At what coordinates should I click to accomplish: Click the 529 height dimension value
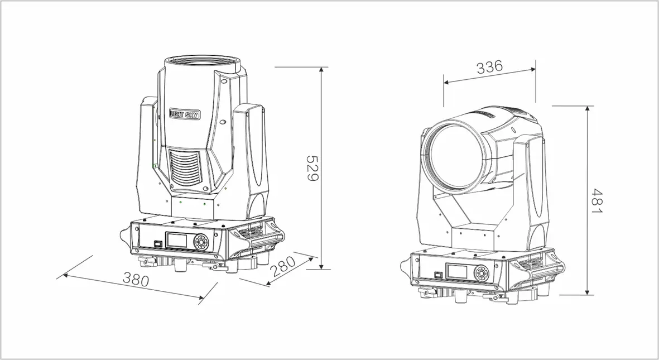tap(312, 169)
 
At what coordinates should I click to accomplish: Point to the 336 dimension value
tap(489, 67)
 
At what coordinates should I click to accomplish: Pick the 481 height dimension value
tap(597, 200)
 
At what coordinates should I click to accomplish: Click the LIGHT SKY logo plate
tap(185, 113)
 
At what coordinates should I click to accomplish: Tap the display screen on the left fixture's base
tap(177, 241)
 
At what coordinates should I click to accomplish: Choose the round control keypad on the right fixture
tap(481, 273)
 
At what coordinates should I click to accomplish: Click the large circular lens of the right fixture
tap(456, 156)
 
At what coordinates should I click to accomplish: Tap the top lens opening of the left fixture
tap(201, 60)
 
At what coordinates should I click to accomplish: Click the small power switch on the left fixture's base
tap(157, 243)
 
